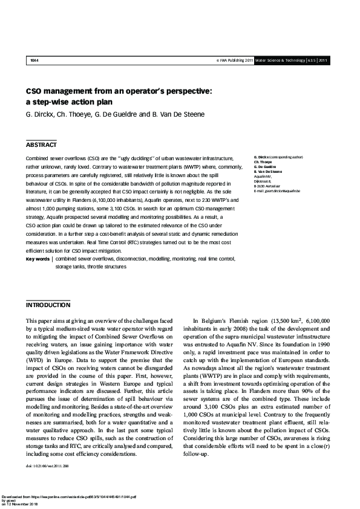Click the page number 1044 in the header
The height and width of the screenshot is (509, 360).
point(34,61)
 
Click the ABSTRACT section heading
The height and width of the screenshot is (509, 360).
point(41,145)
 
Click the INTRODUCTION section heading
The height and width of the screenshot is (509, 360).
point(48,305)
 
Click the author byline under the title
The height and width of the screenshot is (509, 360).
point(106,115)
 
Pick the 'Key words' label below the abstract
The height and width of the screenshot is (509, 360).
point(38,259)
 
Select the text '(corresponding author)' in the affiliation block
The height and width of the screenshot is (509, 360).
point(288,157)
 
